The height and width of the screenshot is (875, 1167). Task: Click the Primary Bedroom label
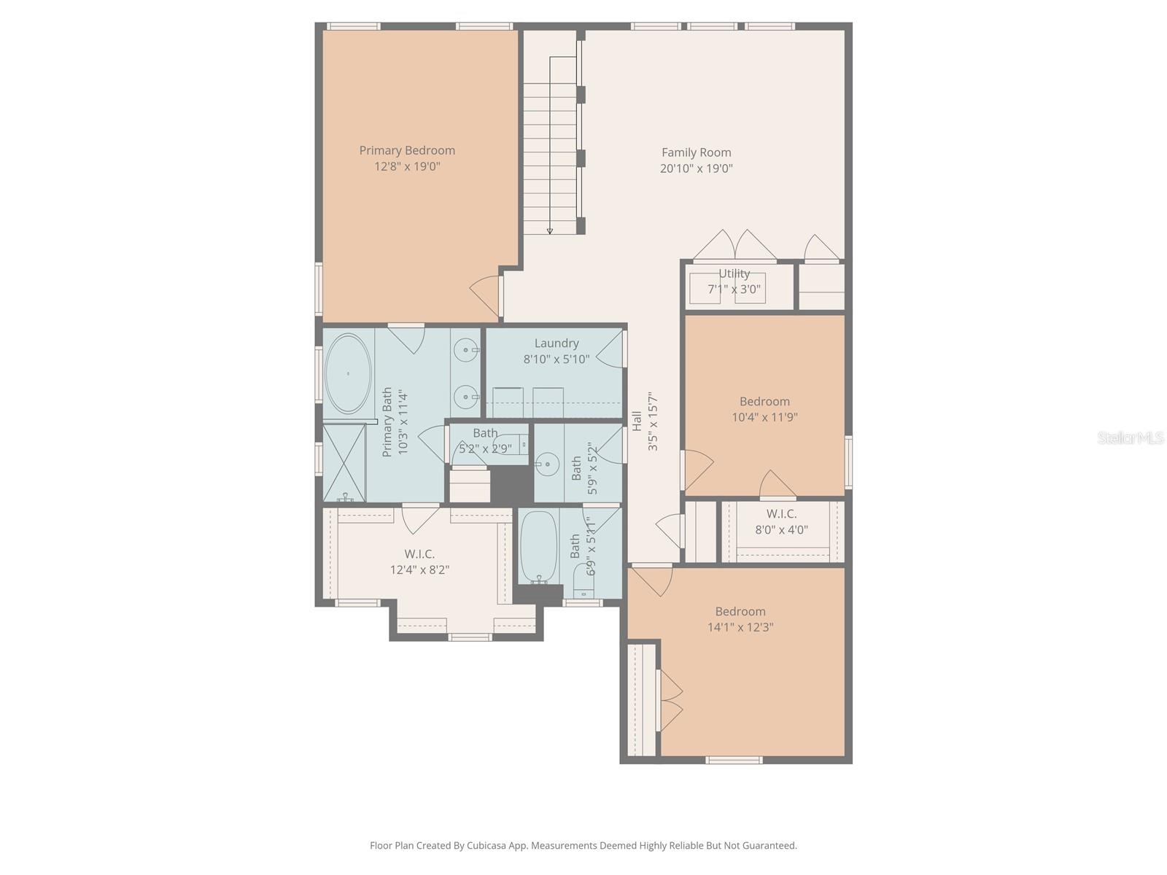tap(407, 150)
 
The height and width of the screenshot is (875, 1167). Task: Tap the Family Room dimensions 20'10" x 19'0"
tap(696, 168)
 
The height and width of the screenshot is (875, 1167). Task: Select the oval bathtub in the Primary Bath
tap(347, 373)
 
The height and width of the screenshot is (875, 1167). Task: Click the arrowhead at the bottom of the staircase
tap(550, 230)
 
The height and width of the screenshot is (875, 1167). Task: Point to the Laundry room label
tap(557, 343)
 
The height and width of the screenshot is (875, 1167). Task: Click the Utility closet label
tap(734, 273)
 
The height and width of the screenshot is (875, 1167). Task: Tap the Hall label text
tap(637, 421)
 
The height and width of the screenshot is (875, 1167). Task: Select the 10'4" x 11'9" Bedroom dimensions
tap(764, 417)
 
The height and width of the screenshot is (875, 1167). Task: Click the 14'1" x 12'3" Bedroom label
tap(740, 611)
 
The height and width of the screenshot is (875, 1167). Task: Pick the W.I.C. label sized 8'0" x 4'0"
tap(781, 513)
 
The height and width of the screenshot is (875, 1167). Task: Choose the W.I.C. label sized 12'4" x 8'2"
tap(419, 554)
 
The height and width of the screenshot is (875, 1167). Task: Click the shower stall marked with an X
tap(344, 462)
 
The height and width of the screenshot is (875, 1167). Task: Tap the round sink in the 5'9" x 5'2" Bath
tap(546, 462)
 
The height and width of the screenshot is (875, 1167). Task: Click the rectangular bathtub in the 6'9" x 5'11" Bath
tap(538, 545)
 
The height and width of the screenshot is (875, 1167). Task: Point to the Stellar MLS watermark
tap(1131, 437)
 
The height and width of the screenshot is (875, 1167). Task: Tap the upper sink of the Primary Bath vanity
tap(465, 351)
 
